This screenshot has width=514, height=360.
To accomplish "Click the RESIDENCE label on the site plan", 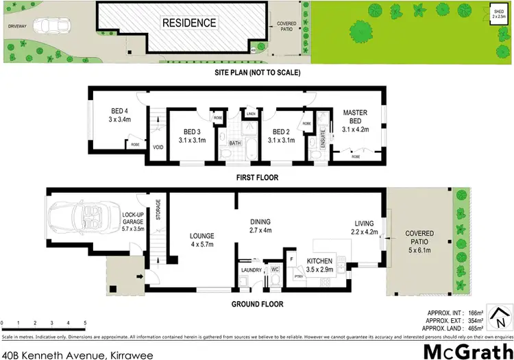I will tap(188, 23).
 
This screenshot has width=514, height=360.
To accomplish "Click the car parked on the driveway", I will tap(53, 25).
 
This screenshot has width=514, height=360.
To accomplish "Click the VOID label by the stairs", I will tap(158, 146).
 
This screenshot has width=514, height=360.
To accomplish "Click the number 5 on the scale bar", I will tap(84, 322).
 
